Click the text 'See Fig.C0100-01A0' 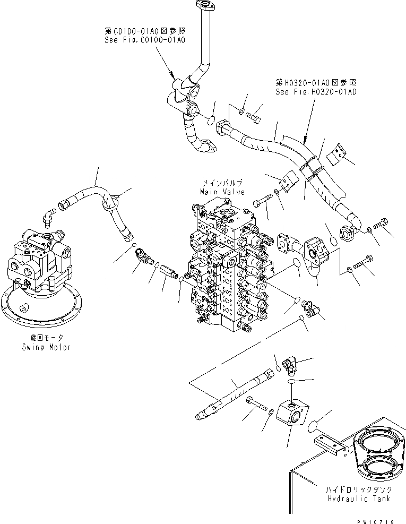(x=146, y=40)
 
